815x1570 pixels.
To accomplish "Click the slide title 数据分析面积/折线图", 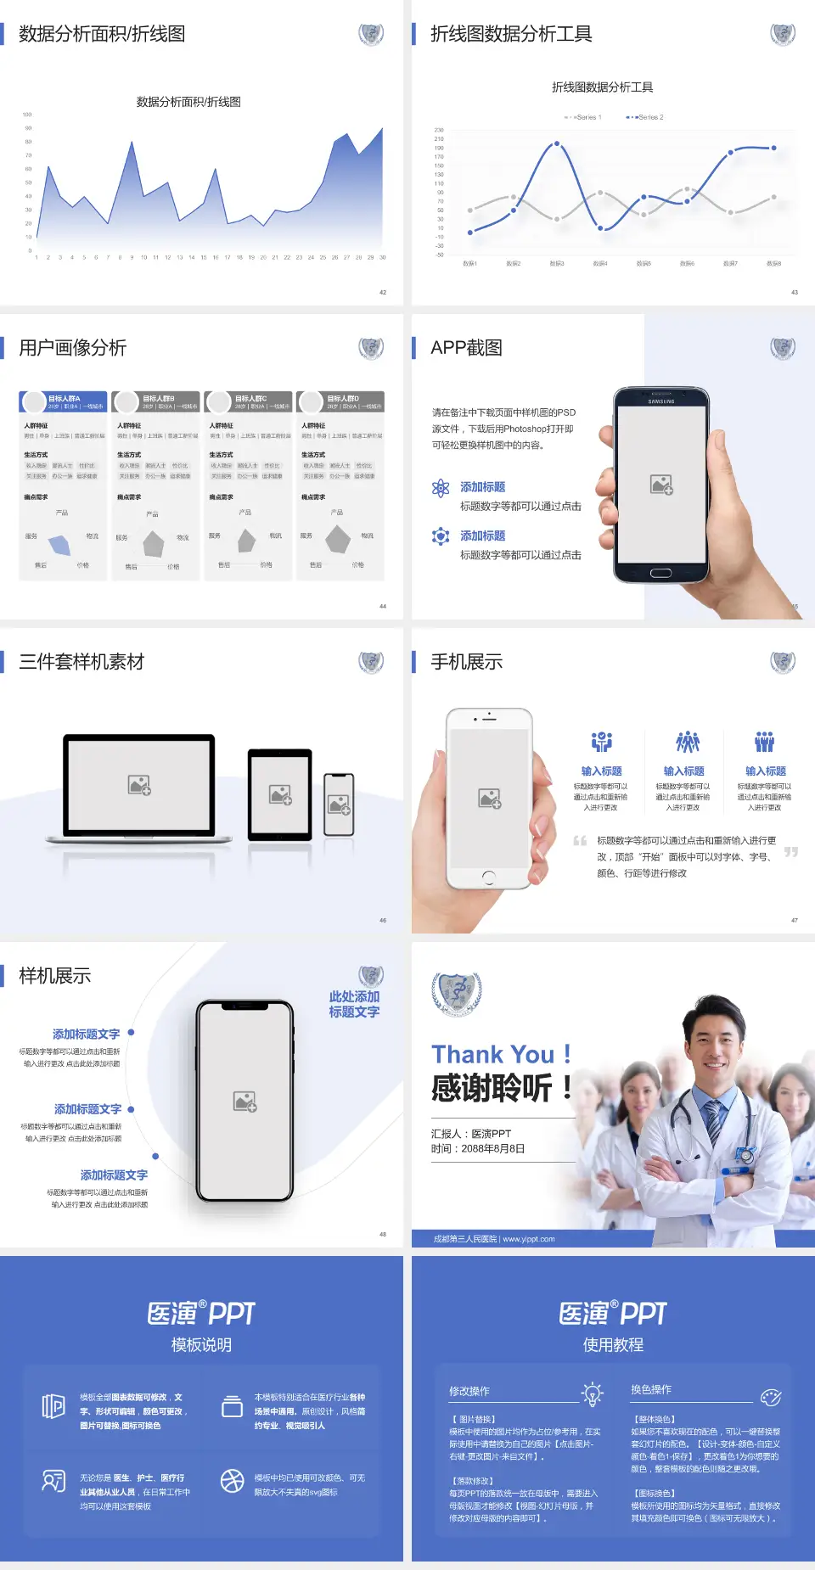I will click(x=102, y=34).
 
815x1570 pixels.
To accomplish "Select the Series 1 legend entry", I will click(x=583, y=117).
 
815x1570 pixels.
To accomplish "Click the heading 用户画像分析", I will click(x=73, y=348).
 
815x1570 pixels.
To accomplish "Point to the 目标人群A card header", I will click(x=64, y=401).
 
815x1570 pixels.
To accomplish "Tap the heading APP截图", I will click(x=466, y=348).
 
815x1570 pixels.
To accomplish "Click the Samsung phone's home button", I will click(x=660, y=573).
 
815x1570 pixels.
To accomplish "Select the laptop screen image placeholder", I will click(x=139, y=785).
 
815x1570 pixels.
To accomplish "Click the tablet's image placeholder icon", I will click(x=280, y=795).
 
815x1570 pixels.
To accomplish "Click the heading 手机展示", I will click(x=466, y=662).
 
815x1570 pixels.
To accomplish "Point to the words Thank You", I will click(x=492, y=1055).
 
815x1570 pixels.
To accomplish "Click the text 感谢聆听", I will click(x=492, y=1088).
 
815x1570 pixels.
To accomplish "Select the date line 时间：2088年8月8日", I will click(x=478, y=1149).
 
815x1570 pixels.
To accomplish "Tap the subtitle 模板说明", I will click(x=201, y=1345).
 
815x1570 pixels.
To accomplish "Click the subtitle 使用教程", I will click(x=613, y=1345).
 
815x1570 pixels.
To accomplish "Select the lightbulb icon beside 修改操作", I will click(x=592, y=1393).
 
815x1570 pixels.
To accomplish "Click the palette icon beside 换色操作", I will click(x=771, y=1398).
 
